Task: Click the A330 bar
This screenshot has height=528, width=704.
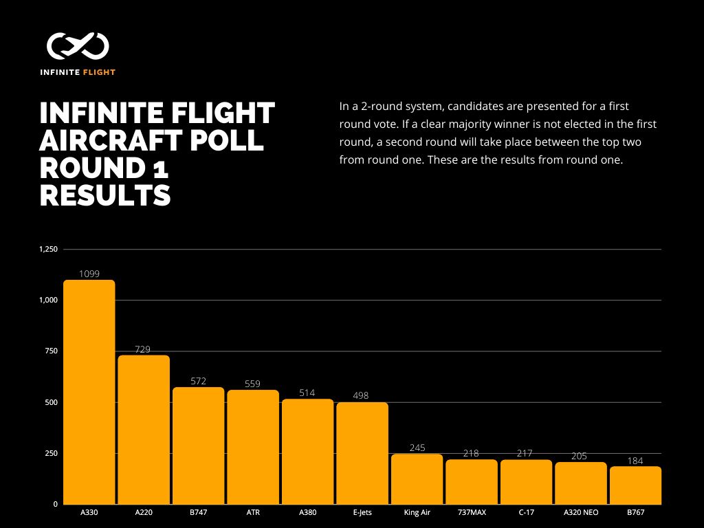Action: point(89,392)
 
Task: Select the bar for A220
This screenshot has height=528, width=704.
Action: point(144,430)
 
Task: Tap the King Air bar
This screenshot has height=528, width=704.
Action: point(417,479)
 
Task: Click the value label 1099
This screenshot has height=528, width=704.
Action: point(89,274)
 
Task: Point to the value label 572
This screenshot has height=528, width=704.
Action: point(199,381)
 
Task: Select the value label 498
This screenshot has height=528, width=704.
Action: point(362,396)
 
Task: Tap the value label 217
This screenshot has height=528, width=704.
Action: point(526,454)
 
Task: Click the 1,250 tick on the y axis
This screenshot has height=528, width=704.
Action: point(48,249)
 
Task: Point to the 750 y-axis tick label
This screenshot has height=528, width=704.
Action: point(51,351)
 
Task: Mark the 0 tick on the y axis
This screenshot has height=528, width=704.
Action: point(55,505)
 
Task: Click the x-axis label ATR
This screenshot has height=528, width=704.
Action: point(253,512)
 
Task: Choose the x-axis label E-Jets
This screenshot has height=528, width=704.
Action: point(362,512)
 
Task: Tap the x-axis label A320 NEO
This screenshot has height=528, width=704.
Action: point(580,512)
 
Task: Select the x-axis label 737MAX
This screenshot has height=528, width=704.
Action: point(471,512)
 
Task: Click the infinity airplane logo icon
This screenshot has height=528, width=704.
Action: point(78,46)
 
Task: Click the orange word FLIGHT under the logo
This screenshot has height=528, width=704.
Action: point(99,72)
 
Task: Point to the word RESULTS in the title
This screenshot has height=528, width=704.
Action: point(105,195)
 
